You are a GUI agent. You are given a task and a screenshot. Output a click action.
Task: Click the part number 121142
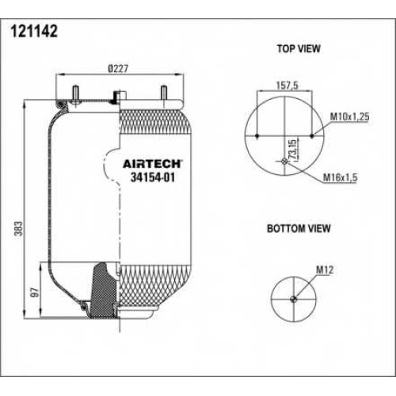click(x=34, y=32)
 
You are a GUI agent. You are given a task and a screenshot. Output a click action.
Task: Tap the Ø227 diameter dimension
click(x=118, y=69)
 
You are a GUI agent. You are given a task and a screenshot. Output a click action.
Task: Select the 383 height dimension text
click(x=19, y=229)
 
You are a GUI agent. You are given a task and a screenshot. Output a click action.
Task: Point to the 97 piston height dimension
click(x=35, y=292)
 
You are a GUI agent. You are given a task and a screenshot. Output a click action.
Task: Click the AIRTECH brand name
click(x=152, y=164)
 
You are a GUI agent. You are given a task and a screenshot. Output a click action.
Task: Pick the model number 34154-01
click(x=153, y=177)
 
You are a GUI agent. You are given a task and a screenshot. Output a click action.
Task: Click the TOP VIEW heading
click(x=299, y=49)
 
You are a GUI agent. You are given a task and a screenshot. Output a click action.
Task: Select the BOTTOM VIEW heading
click(x=299, y=228)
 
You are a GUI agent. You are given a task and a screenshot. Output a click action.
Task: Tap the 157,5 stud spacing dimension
click(x=287, y=86)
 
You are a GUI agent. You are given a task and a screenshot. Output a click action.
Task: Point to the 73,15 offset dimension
click(x=293, y=149)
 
